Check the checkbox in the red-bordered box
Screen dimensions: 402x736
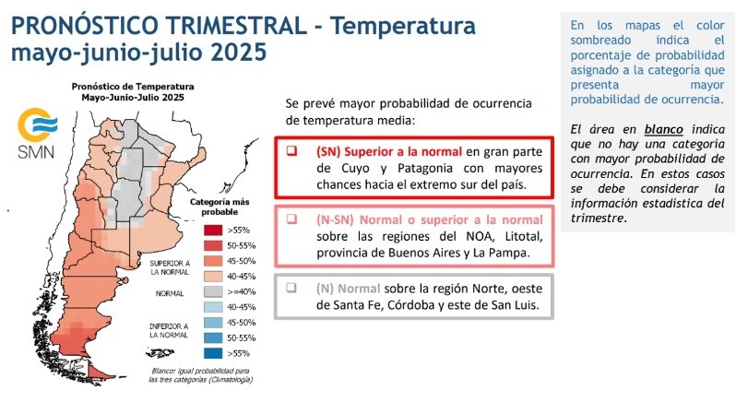[291, 151]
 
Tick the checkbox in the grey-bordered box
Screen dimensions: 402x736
[291, 288]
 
